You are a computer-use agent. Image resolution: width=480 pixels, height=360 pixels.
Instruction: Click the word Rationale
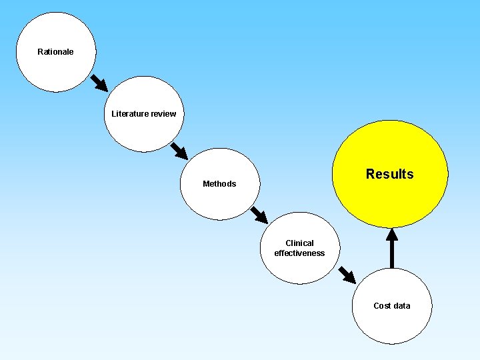click(55, 52)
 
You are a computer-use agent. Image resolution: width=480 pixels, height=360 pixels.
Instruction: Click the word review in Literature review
click(163, 114)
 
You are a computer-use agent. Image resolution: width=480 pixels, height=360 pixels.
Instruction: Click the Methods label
click(219, 184)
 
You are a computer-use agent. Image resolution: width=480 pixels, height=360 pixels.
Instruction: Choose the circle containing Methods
click(219, 200)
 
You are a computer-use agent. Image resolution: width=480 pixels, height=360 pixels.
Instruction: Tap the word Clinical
click(299, 243)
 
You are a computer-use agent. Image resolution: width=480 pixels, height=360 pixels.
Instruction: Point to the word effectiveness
click(299, 253)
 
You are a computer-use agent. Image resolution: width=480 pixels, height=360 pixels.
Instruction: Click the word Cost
click(382, 306)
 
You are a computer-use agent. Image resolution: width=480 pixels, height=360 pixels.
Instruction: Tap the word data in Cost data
click(402, 306)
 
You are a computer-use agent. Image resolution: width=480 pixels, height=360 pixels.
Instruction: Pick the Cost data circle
click(392, 327)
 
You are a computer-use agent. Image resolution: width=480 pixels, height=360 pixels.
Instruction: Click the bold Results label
click(389, 174)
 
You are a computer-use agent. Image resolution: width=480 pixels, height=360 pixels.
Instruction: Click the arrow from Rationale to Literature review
click(99, 82)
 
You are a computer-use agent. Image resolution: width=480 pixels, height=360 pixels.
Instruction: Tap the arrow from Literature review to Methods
click(179, 150)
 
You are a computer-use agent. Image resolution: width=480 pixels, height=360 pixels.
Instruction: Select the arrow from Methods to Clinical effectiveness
click(259, 215)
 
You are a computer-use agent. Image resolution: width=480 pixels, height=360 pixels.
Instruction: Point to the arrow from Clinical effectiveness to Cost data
click(347, 274)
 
